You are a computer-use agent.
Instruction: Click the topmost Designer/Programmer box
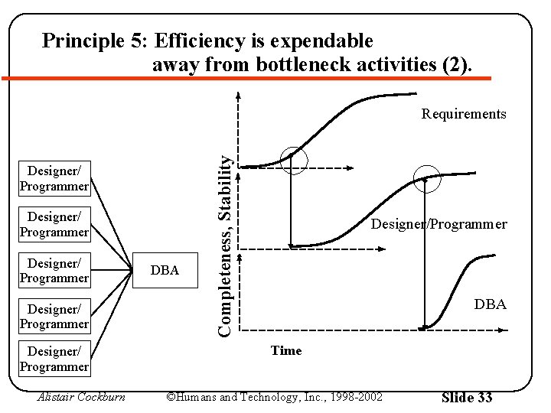click(54, 177)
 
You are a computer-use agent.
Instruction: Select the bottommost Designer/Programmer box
click(54, 359)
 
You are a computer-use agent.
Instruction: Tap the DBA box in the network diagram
click(165, 270)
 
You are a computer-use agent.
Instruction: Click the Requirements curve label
click(464, 114)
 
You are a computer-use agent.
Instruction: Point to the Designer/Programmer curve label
click(439, 224)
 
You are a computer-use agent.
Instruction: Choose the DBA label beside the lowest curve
click(490, 304)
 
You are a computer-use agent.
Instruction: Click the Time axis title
click(286, 350)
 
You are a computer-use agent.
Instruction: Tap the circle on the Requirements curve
click(293, 159)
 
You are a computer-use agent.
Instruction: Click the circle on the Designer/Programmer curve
click(427, 179)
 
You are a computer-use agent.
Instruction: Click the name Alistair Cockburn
click(80, 397)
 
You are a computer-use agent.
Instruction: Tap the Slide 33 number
click(467, 397)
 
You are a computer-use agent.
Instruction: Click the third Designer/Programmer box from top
click(54, 271)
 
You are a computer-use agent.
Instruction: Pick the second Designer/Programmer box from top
click(54, 224)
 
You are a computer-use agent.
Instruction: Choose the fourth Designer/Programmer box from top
click(54, 317)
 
